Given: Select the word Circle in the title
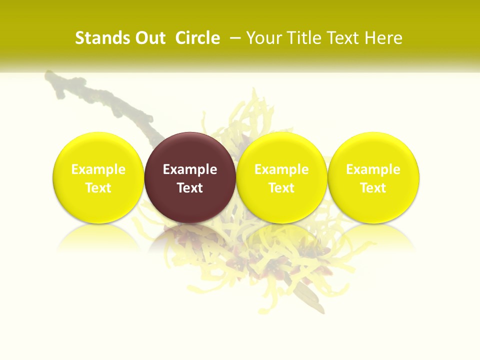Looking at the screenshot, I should pyautogui.click(x=197, y=38).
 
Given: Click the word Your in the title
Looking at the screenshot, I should pyautogui.click(x=262, y=38).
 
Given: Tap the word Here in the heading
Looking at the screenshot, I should pyautogui.click(x=383, y=38).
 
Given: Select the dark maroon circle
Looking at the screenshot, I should pyautogui.click(x=190, y=150).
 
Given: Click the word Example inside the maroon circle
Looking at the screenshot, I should pyautogui.click(x=190, y=169).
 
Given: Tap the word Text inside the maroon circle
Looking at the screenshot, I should pyautogui.click(x=190, y=188).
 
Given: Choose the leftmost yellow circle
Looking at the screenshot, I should pyautogui.click(x=98, y=150).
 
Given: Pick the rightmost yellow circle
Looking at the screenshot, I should pyautogui.click(x=373, y=150).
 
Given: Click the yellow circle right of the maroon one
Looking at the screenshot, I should pyautogui.click(x=281, y=150).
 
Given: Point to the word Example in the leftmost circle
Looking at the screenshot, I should pyautogui.click(x=98, y=169).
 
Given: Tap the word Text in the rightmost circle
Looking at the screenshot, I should pyautogui.click(x=373, y=188).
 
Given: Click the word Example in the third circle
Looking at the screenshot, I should pyautogui.click(x=281, y=169).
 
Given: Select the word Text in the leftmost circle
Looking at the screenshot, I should pyautogui.click(x=98, y=188).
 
